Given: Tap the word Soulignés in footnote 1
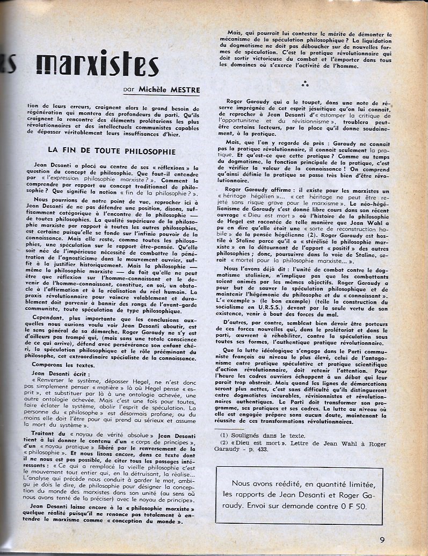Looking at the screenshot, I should pos(255,435).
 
